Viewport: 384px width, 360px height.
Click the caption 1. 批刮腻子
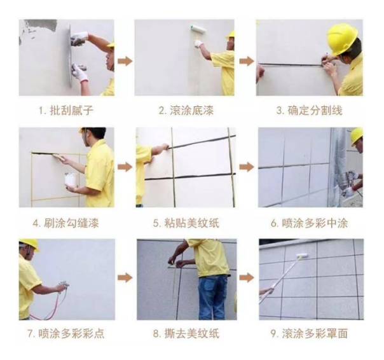pos(67,111)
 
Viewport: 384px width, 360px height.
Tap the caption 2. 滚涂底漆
pos(186,111)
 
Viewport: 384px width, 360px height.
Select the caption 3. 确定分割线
pos(309,111)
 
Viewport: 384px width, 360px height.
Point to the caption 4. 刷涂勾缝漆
pos(67,222)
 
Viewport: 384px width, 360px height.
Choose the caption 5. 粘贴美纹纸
pos(186,222)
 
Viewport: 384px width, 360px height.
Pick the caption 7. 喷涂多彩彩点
pos(67,334)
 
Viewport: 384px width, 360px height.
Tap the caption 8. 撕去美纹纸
pos(186,334)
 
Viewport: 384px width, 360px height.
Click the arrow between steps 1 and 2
pos(125,62)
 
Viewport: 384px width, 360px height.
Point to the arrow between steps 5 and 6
pos(246,167)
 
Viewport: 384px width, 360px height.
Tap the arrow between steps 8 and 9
pos(246,277)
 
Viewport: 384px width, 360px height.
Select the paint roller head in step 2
pos(198,29)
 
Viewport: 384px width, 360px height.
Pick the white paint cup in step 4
pos(70,181)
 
